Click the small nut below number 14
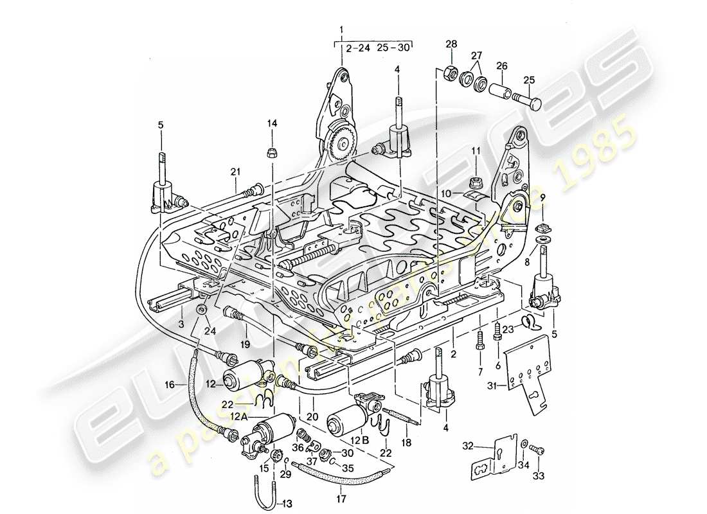(x=272, y=152)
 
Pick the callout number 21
(x=235, y=172)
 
